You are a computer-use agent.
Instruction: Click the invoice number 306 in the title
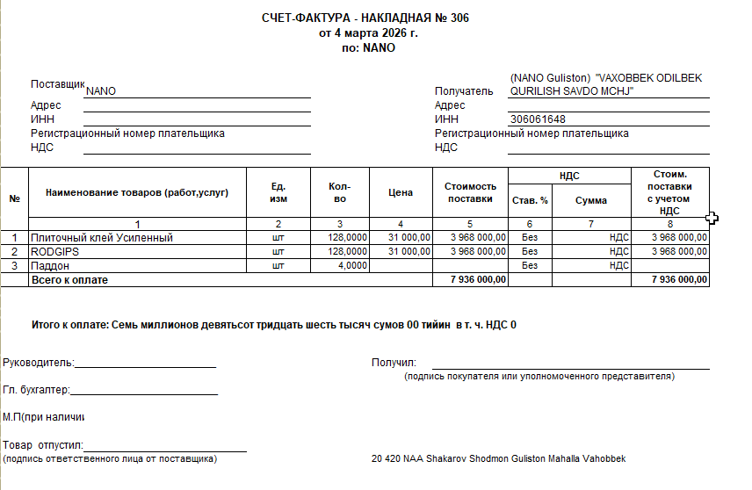click(459, 18)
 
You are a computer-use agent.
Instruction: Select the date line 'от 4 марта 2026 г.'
click(368, 33)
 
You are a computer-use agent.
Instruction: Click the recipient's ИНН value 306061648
click(537, 119)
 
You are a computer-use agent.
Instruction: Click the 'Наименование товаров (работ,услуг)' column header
click(137, 192)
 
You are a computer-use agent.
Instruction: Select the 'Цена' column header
click(400, 192)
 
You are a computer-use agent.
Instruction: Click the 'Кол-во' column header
click(339, 192)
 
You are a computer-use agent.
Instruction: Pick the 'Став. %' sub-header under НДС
click(530, 200)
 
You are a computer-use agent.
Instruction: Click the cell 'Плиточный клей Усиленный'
click(102, 237)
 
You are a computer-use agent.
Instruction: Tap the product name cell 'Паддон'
click(50, 265)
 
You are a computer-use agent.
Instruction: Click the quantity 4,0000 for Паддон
click(352, 265)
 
